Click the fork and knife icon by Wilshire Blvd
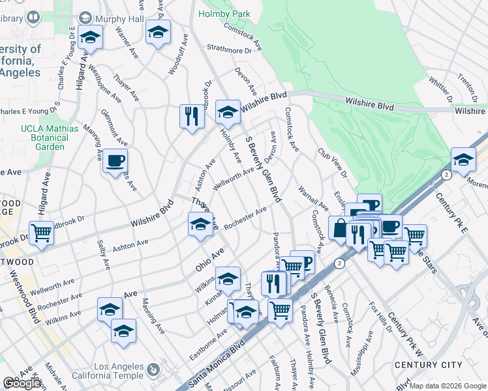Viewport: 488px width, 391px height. pos(191,117)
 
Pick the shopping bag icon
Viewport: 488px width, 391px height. pos(339,229)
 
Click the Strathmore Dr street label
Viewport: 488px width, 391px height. pos(230,49)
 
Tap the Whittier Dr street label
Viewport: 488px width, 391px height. pos(442,91)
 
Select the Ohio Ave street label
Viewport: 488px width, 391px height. pos(209,259)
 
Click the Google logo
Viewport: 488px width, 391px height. pos(22,383)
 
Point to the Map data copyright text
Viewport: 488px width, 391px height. pos(448,386)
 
